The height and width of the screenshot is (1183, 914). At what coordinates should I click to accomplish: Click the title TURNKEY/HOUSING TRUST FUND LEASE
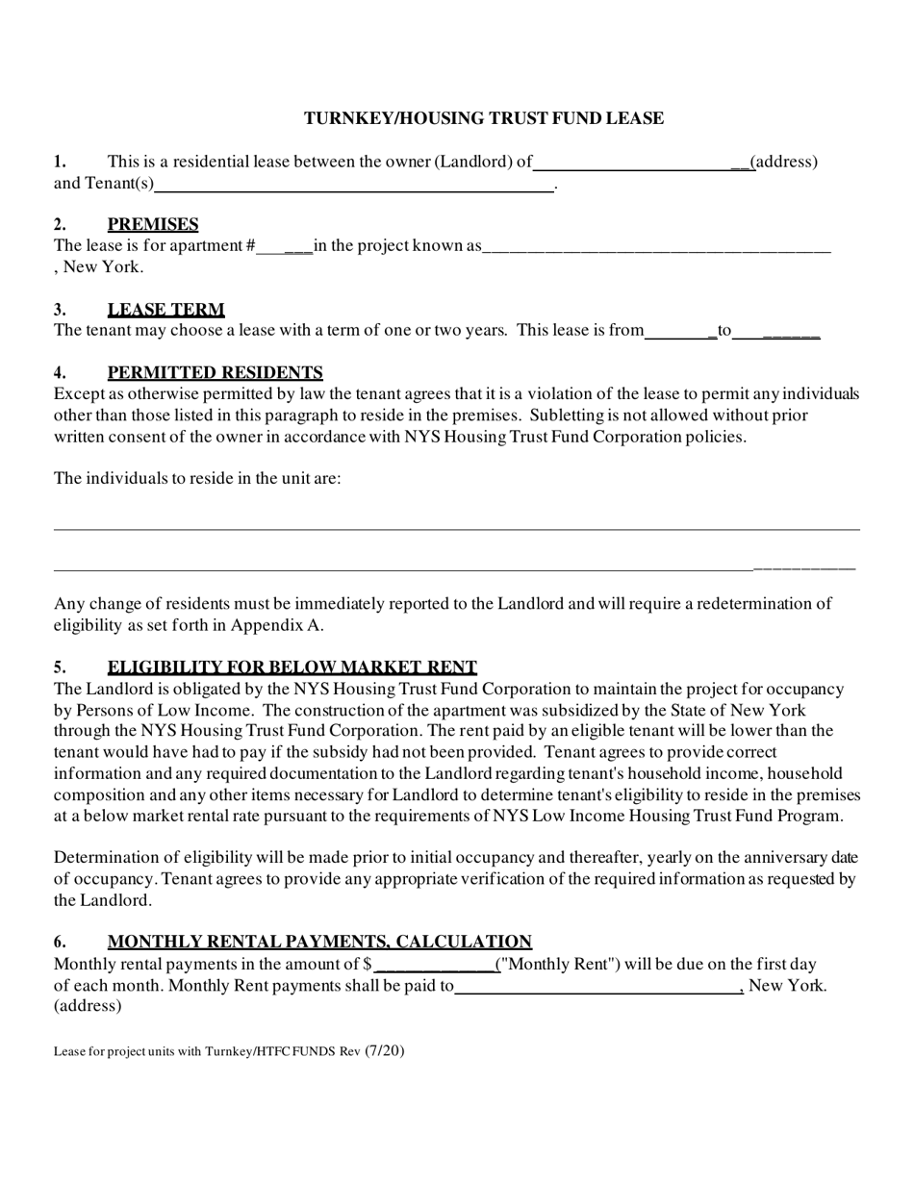(x=484, y=118)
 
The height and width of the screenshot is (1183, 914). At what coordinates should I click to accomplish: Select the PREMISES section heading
(x=153, y=224)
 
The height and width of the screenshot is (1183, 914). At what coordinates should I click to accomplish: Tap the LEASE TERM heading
(x=165, y=310)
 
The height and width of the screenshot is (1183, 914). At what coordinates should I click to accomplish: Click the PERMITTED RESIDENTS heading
(x=215, y=373)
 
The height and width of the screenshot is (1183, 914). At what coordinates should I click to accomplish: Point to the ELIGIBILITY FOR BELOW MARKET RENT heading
(x=292, y=667)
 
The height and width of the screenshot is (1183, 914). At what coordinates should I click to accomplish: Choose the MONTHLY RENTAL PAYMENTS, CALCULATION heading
(x=319, y=942)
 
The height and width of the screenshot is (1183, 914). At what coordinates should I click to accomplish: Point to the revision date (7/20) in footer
(x=385, y=1050)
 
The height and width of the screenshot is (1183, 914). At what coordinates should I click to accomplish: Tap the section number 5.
(x=60, y=667)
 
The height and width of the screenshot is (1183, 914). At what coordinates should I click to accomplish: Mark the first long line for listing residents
(x=456, y=529)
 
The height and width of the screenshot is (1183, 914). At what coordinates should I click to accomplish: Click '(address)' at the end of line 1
(x=784, y=162)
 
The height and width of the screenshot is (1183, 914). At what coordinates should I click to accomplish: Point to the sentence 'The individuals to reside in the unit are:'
(x=197, y=478)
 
